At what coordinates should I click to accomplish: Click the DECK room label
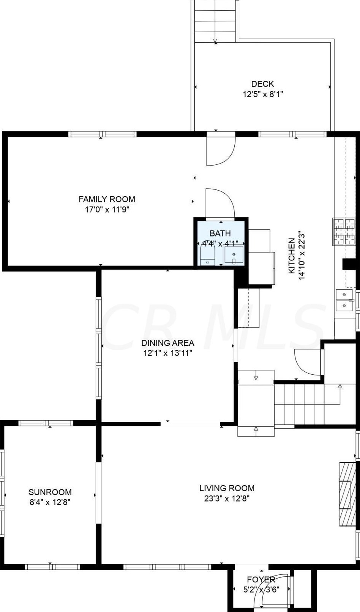click(262, 84)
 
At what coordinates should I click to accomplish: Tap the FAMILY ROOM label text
click(107, 199)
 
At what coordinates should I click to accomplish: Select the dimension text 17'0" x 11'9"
click(107, 210)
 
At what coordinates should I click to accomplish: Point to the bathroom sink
click(234, 255)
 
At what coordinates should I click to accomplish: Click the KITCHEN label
click(292, 256)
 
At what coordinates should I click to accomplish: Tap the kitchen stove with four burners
click(344, 232)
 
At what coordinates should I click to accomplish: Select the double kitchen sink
click(344, 300)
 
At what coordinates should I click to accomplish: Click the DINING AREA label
click(167, 342)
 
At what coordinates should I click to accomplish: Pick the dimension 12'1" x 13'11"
click(168, 353)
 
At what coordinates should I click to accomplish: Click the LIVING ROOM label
click(227, 488)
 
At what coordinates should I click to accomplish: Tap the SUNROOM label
click(50, 492)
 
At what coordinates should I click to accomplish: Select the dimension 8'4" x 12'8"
click(50, 502)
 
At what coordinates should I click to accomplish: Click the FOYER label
click(261, 579)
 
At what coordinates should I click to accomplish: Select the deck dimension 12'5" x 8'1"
click(263, 94)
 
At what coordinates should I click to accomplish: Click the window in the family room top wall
click(102, 134)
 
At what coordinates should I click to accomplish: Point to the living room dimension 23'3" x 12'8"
click(227, 498)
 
